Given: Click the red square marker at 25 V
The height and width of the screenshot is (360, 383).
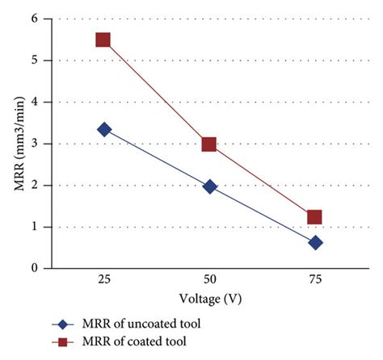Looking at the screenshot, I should point(103,40).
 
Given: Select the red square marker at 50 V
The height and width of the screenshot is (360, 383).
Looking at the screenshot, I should point(209,144).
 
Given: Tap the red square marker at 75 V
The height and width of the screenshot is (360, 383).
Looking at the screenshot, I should point(315,216).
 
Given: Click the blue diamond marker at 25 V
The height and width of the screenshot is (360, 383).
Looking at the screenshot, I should point(103,129).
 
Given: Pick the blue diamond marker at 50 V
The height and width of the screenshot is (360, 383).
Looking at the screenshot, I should point(209,186).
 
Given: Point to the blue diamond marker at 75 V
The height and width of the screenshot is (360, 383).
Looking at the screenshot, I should point(315,242).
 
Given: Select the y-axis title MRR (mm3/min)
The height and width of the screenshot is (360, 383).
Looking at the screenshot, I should point(15,144).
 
